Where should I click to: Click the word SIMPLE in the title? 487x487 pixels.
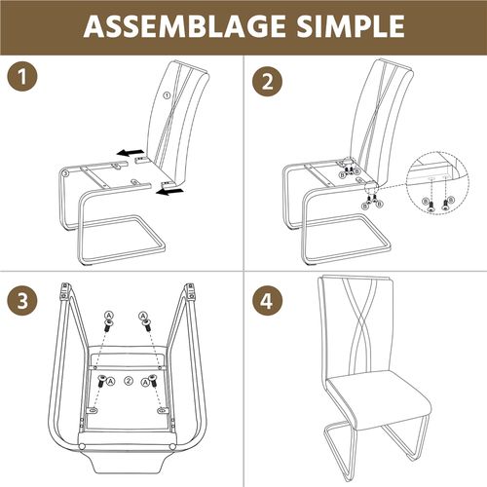[345, 27]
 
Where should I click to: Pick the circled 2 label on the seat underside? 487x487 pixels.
[125, 380]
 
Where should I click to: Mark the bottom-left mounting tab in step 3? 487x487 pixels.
[93, 410]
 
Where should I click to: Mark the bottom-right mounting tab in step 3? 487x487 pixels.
[161, 410]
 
